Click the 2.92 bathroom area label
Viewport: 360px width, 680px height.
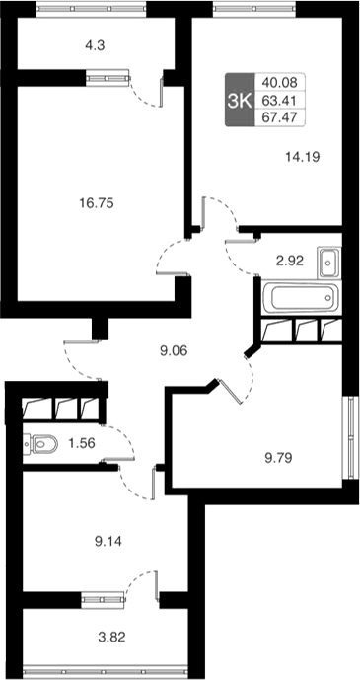(288, 261)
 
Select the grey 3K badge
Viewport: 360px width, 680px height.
(238, 101)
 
